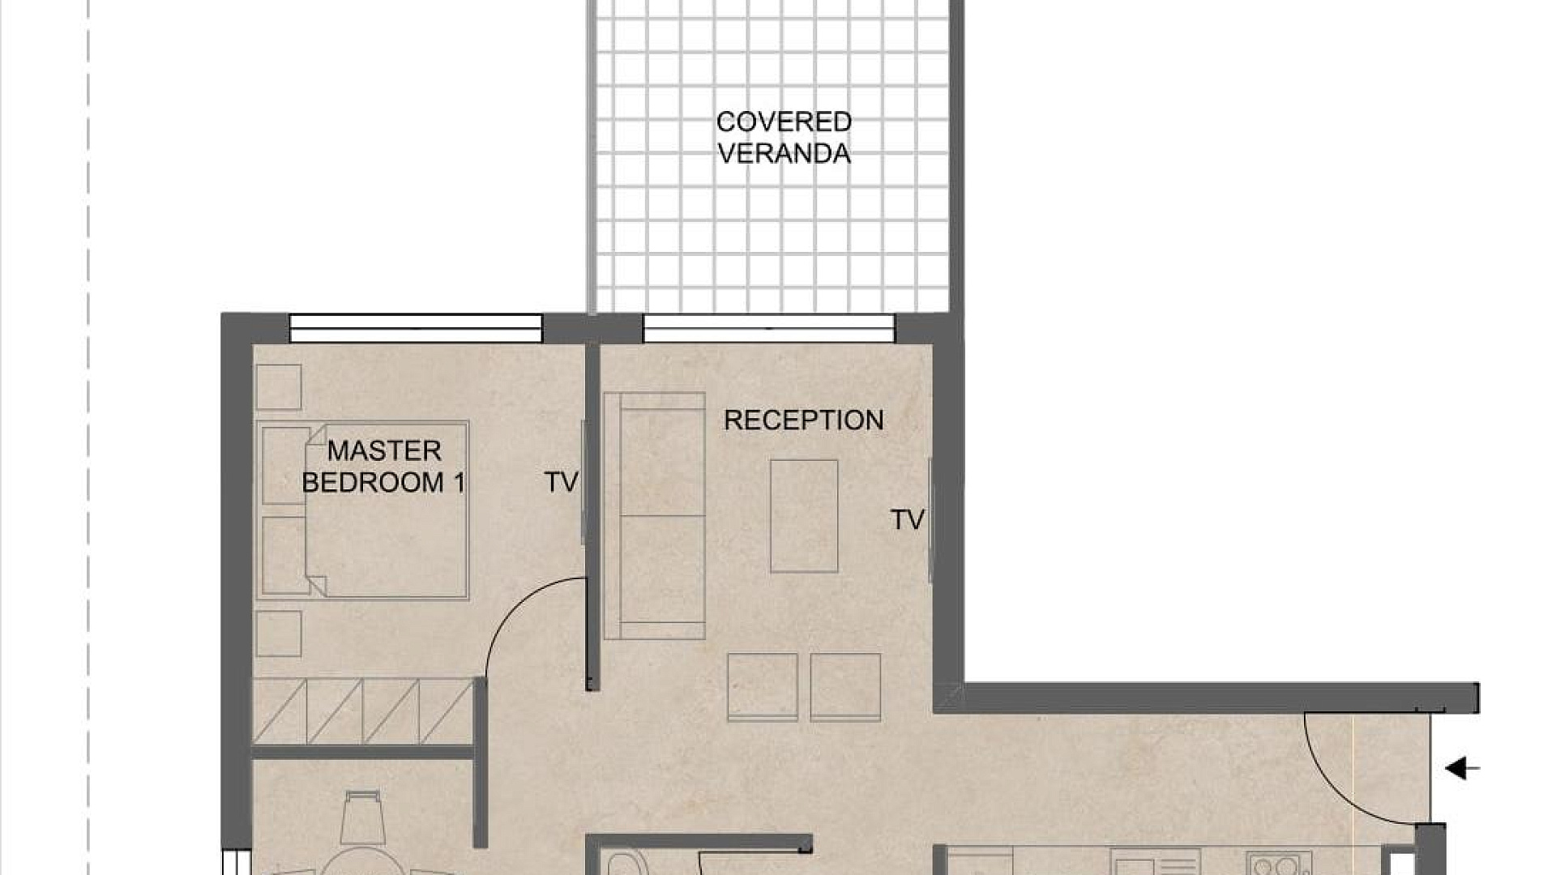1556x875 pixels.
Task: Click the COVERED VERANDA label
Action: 784,138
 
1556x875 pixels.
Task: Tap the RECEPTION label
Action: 803,420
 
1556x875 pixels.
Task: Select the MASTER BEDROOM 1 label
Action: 383,467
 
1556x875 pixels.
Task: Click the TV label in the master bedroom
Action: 561,482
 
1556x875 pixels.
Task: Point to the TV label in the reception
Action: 907,520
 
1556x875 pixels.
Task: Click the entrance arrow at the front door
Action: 1463,768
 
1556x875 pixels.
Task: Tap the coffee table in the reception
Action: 804,516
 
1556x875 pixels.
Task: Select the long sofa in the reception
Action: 654,516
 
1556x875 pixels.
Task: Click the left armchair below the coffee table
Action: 763,687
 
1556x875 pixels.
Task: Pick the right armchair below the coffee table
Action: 845,687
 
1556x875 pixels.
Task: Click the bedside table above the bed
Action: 279,387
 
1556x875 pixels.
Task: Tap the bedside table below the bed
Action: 279,634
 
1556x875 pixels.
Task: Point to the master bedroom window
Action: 416,328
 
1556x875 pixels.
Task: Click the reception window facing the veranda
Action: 769,328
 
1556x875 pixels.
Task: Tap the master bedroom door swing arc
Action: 517,604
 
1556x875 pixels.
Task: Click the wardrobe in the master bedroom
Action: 363,711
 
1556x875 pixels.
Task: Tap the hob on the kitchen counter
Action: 1279,864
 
